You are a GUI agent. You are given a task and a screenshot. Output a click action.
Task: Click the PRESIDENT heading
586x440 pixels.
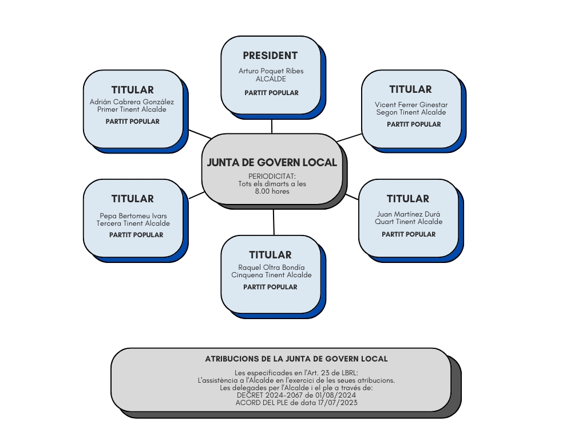click(270, 56)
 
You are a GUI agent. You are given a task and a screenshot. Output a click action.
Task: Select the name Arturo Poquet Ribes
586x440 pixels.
click(271, 70)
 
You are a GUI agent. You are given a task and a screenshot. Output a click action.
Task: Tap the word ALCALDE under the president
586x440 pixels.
click(271, 79)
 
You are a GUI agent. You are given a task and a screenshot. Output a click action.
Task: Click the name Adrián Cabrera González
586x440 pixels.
click(132, 102)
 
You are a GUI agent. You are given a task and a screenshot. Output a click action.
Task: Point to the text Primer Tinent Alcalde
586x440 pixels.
click(132, 109)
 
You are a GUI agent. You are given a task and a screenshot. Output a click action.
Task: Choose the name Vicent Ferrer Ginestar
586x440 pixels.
click(411, 105)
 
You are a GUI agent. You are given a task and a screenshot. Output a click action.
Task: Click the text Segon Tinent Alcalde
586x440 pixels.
click(411, 112)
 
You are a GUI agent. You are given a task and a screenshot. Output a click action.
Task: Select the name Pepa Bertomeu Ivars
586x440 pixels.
click(133, 216)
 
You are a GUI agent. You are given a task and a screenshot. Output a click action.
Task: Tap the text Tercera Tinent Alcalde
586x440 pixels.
click(133, 223)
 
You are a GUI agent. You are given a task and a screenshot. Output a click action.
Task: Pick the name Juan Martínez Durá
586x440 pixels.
click(409, 214)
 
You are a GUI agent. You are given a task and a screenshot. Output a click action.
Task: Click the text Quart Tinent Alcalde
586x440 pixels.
click(409, 222)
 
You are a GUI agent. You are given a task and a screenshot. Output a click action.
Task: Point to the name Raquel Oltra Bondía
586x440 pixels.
click(271, 268)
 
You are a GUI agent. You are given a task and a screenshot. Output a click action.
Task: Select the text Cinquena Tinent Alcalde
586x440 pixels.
click(271, 275)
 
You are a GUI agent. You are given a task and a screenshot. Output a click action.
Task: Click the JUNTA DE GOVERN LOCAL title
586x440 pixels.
click(272, 162)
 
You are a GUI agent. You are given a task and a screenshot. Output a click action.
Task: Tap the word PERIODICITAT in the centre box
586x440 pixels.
click(272, 176)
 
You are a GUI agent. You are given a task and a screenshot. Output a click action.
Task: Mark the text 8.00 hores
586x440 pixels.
click(272, 191)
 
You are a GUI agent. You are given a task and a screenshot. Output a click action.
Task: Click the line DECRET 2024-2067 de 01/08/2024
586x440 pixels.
click(296, 395)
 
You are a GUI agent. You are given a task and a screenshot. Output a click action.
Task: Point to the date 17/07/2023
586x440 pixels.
click(338, 403)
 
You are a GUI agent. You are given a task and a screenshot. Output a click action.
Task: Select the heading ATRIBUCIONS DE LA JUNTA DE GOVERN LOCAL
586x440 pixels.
click(296, 359)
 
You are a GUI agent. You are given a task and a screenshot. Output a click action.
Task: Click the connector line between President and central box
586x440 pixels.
click(272, 127)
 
